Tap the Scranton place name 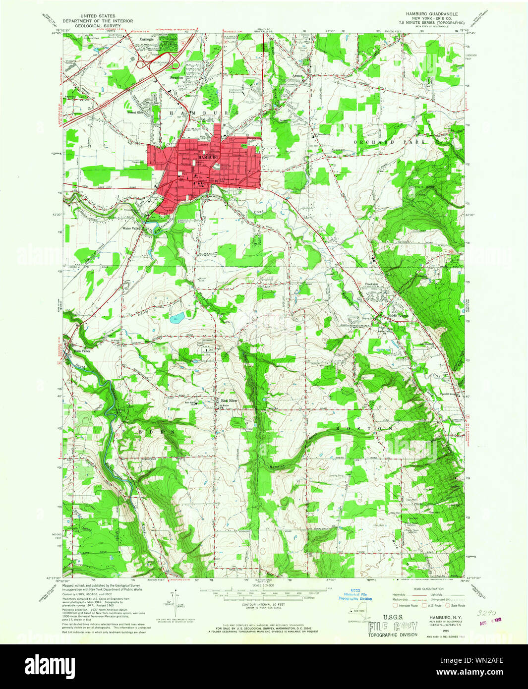(176, 78)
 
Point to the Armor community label (297, 75)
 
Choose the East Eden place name (230, 401)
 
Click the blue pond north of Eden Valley (177, 318)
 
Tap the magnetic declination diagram (174, 598)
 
